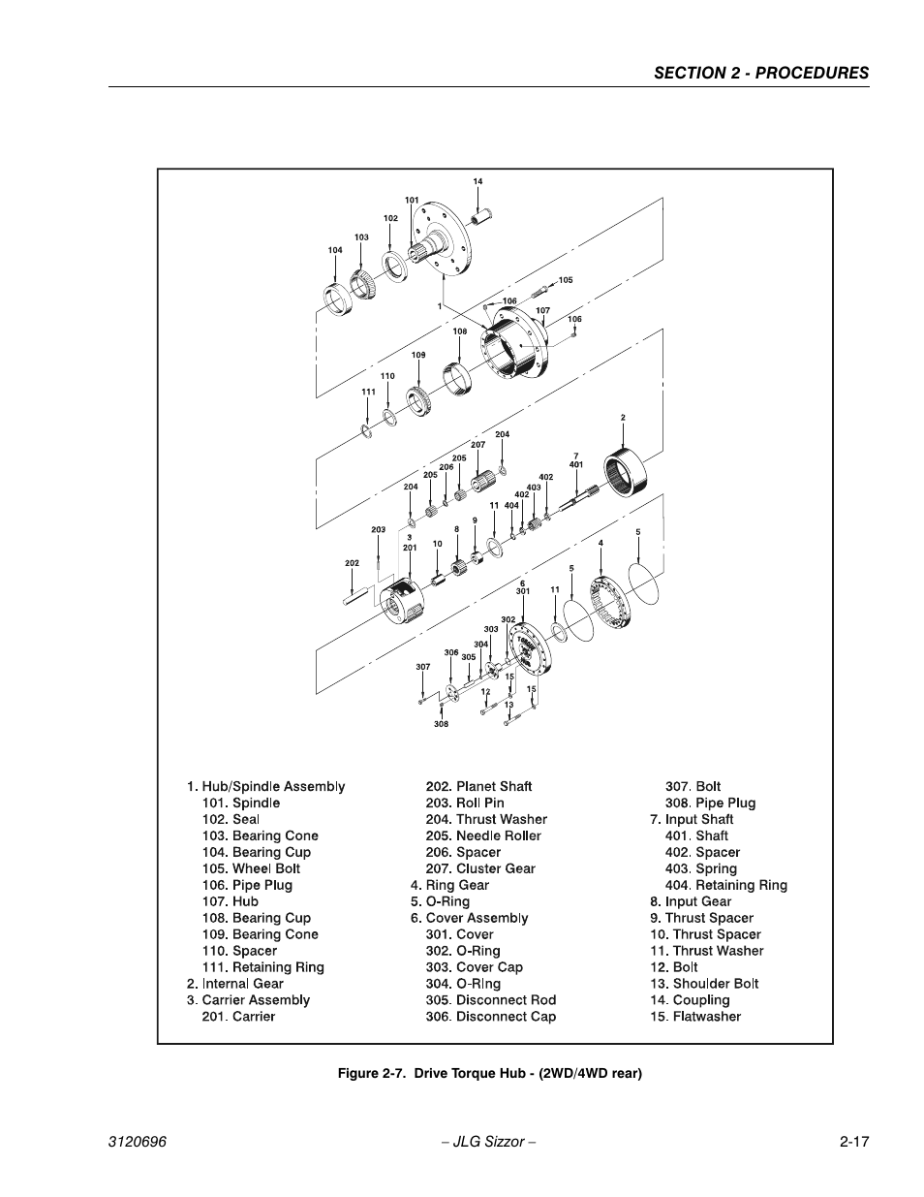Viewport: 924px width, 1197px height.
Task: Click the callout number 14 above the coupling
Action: (x=477, y=181)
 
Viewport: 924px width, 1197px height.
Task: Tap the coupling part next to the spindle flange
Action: (x=481, y=216)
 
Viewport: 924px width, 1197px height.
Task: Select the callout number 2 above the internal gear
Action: (x=623, y=418)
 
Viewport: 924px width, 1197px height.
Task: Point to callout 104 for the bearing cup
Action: (x=335, y=250)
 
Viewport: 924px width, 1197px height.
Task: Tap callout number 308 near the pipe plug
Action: (x=441, y=724)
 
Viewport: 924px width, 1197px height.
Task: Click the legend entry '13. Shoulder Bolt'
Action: (x=704, y=983)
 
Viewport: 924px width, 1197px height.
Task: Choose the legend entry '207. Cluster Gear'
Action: (x=480, y=868)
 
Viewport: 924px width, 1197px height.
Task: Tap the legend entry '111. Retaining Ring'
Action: (x=263, y=966)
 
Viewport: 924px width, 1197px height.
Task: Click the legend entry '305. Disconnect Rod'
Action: (x=491, y=1000)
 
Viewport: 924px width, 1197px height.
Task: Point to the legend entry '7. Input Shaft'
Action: (x=692, y=819)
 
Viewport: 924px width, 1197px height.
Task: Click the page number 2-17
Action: (x=854, y=1142)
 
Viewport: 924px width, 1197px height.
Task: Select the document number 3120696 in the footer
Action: (x=137, y=1142)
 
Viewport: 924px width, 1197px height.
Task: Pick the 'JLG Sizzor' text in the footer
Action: (x=489, y=1142)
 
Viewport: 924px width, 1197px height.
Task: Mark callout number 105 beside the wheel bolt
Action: (x=566, y=280)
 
